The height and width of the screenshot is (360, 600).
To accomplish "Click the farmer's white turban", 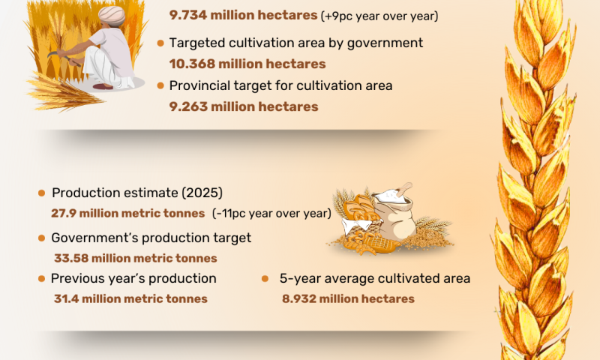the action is tap(112, 16).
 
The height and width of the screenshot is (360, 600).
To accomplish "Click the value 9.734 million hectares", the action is tap(243, 15).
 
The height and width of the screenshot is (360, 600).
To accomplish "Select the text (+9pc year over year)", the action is tap(379, 16).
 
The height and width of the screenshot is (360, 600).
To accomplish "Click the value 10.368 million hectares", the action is tap(247, 64).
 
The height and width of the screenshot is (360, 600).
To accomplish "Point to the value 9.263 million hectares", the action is tap(244, 106).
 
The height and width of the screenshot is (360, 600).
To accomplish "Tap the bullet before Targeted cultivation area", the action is tap(160, 43).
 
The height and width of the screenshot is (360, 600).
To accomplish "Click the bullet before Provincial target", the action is tap(160, 86).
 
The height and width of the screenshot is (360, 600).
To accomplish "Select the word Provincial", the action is tap(197, 85).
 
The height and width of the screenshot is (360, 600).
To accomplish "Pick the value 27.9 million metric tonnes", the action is tap(128, 213).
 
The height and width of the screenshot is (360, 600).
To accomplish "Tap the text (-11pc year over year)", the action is tap(271, 213).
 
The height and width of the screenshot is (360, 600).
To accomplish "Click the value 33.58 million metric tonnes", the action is tap(136, 258).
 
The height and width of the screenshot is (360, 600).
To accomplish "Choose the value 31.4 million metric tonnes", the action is tap(130, 298).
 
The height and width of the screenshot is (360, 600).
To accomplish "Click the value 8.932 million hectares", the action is tap(348, 298).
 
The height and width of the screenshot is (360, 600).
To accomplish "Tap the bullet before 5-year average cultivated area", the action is tap(265, 279).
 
